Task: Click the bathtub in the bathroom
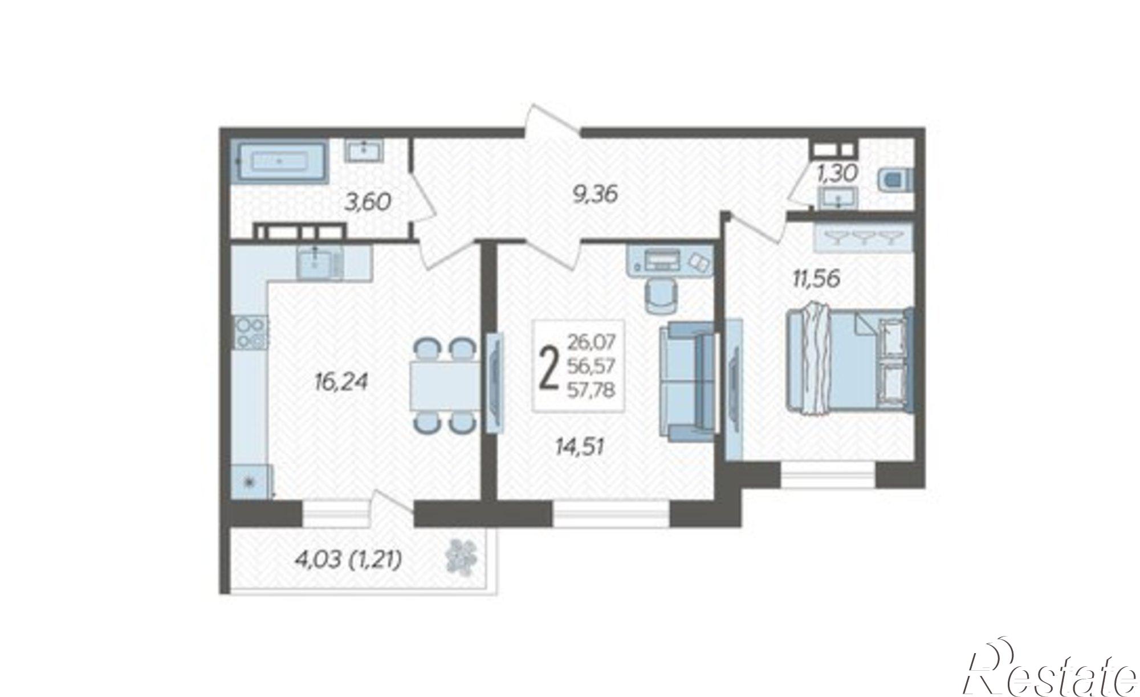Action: (x=279, y=162)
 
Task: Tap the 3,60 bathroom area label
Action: (x=368, y=202)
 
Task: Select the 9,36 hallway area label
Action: (x=595, y=194)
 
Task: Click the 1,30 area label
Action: (x=837, y=173)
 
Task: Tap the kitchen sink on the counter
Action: (x=316, y=262)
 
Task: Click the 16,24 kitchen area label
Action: (x=341, y=382)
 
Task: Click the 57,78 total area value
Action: (x=591, y=391)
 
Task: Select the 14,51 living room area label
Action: (x=580, y=447)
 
